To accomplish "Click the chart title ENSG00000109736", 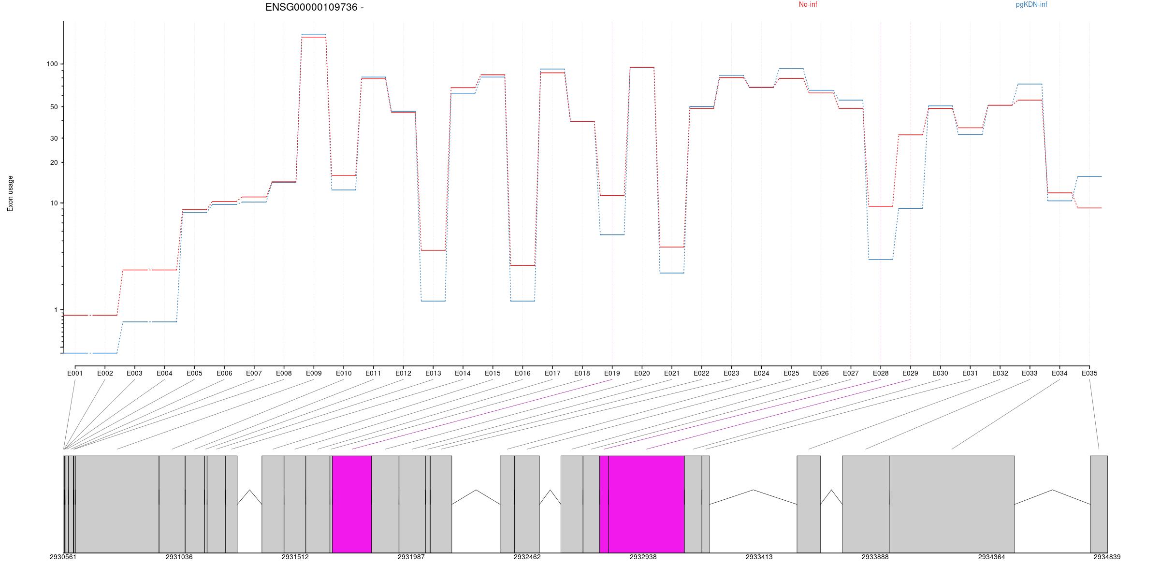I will click(314, 7).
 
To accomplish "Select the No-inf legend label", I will click(808, 5).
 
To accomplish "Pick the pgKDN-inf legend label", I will click(1031, 5).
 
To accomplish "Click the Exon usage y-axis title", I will click(11, 193).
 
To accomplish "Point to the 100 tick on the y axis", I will click(52, 64).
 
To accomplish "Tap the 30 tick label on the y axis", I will click(53, 138).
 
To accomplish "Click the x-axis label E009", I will click(314, 373).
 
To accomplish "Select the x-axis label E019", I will click(612, 373).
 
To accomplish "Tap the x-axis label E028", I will click(881, 373).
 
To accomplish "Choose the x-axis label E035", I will click(1089, 373).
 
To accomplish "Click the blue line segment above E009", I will click(314, 34).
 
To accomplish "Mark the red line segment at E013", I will click(433, 250).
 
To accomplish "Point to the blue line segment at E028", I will click(881, 260).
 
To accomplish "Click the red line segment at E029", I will click(911, 135).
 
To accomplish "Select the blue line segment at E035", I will click(1089, 176).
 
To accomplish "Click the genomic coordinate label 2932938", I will click(643, 557).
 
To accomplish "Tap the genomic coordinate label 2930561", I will click(63, 557).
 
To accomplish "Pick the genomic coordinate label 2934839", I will click(1107, 557).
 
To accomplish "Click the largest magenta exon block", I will click(646, 504).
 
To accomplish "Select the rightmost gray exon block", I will click(1099, 504).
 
